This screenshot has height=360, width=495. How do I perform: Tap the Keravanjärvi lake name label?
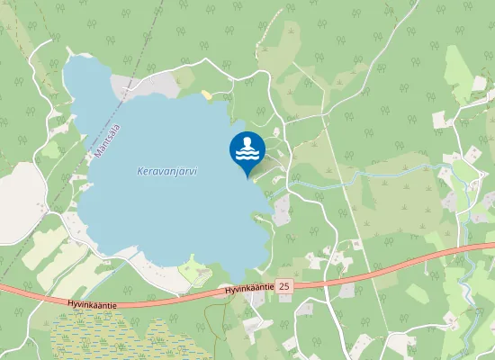point(167,171)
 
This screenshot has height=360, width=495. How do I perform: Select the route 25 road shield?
point(285,285)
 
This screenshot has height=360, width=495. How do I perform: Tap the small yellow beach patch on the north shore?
point(208,94)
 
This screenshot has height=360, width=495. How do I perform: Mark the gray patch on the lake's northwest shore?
point(126,86)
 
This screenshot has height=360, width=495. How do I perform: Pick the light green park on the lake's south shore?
point(194,268)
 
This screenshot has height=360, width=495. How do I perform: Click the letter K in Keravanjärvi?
point(140,171)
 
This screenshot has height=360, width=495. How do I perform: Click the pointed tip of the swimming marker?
point(247,176)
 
